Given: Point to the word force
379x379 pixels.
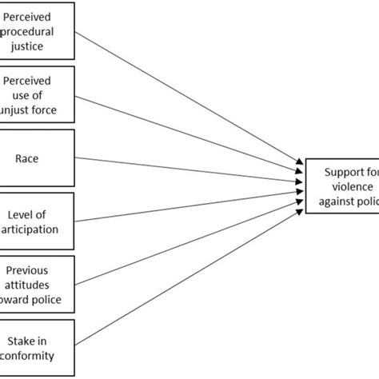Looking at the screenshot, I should (56, 109).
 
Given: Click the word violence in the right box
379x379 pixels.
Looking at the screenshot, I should (345, 186).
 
